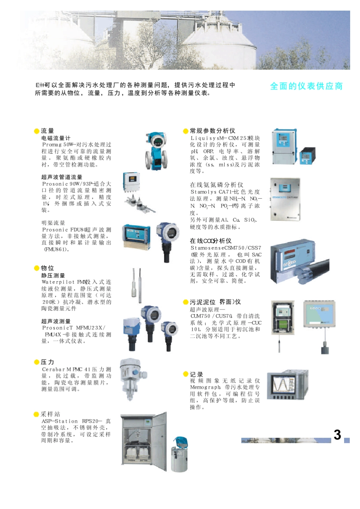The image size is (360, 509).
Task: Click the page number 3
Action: click(x=337, y=435)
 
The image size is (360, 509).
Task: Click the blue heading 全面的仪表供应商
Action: click(x=306, y=86)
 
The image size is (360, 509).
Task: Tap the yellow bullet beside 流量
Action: click(x=37, y=131)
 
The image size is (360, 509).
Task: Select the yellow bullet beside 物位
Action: click(x=37, y=268)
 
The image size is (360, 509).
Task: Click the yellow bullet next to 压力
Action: click(x=37, y=362)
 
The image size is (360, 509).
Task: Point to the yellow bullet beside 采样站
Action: click(x=36, y=415)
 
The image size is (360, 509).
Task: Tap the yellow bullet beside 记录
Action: click(x=186, y=374)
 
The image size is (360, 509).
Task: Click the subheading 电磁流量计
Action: click(x=56, y=138)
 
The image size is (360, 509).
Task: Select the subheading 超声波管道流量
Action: click(x=62, y=177)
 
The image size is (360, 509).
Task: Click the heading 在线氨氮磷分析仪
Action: click(x=216, y=185)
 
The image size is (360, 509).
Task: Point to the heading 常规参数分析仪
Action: click(x=212, y=131)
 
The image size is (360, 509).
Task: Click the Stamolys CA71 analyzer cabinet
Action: click(x=285, y=199)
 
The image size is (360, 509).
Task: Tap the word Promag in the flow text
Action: click(x=52, y=145)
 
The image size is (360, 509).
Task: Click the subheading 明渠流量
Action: click(x=53, y=223)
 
